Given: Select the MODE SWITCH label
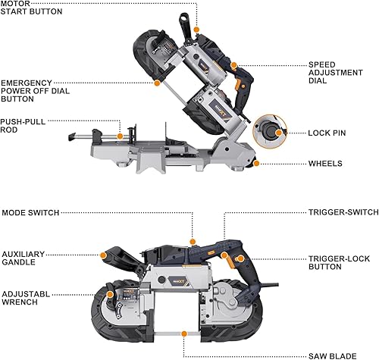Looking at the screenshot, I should point(30,213).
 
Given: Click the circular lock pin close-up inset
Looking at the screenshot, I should point(272,132).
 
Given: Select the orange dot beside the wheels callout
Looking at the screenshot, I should point(258,163).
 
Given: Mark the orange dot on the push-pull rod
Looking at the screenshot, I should point(121,137).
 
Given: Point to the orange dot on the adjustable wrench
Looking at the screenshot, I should point(110,294).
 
